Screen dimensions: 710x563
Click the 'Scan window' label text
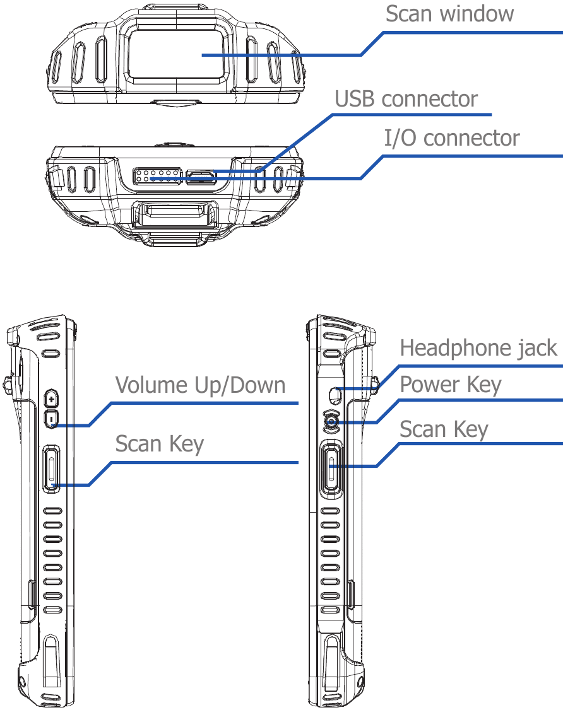point(449,14)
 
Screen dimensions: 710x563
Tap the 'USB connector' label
point(406,100)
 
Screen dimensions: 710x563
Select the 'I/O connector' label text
point(452,138)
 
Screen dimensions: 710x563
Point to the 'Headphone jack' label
point(478,347)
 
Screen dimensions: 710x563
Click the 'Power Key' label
point(451,384)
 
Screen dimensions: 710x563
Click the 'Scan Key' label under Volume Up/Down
point(159,444)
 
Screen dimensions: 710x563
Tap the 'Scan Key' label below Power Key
point(444,429)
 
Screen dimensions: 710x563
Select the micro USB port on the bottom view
point(201,177)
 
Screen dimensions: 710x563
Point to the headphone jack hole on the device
point(335,395)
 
